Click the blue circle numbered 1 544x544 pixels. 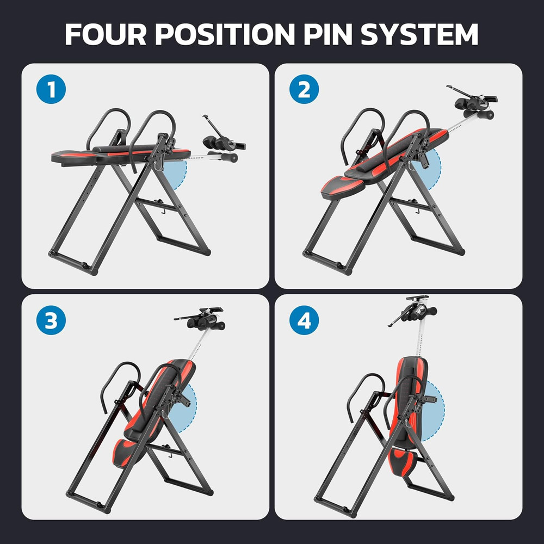tap(52, 90)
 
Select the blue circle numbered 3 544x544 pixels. tap(51, 321)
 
